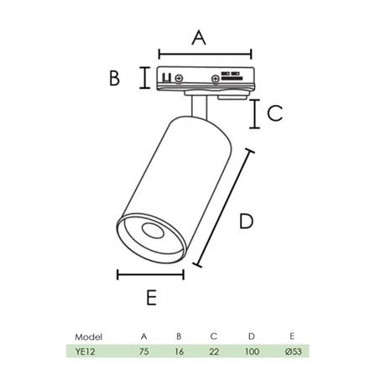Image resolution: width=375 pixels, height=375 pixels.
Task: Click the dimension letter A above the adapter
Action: coord(198,37)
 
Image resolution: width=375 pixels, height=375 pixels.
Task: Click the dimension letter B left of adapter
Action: coord(115,78)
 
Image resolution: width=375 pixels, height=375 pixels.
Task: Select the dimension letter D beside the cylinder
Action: coord(246,221)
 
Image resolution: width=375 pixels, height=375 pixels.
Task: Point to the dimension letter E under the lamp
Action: coord(151,297)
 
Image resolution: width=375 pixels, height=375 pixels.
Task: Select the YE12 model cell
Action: coord(86,352)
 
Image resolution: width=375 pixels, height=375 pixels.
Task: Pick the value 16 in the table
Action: coord(179,352)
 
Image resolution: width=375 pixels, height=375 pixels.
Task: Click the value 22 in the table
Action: coord(214,352)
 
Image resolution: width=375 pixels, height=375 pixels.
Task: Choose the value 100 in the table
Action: coord(252,352)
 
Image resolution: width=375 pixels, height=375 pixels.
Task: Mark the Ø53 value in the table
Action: coord(293,352)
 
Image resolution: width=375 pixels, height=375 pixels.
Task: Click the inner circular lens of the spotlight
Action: coord(152,232)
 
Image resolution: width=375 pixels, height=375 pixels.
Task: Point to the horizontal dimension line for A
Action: coord(198,54)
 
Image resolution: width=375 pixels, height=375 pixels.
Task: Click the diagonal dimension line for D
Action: coord(225,209)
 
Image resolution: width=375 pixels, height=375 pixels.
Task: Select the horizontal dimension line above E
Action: coord(150,274)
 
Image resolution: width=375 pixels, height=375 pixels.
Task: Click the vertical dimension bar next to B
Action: coord(145,78)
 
